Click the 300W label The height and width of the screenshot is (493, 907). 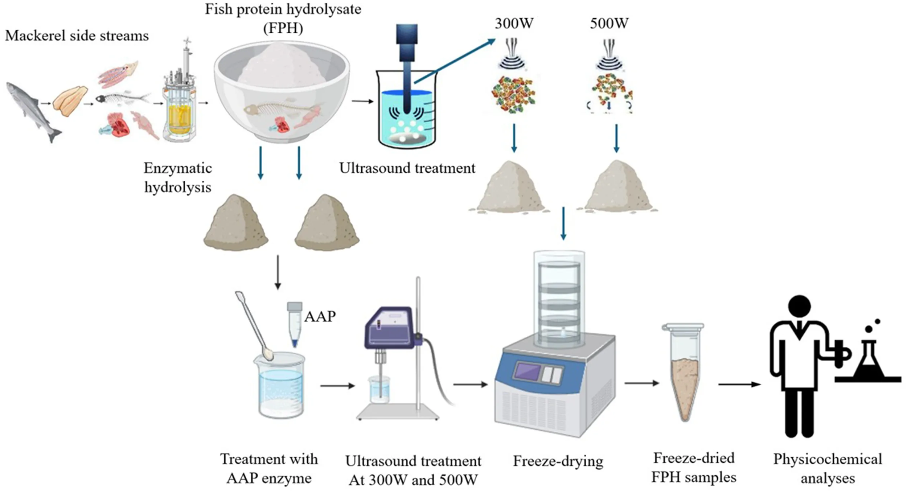pyautogui.click(x=514, y=24)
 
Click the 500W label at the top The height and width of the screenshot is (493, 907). pyautogui.click(x=609, y=24)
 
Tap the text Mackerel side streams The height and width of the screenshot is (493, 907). pyautogui.click(x=77, y=36)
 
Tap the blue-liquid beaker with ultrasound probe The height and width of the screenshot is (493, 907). pyautogui.click(x=406, y=112)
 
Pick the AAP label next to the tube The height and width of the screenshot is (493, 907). pyautogui.click(x=320, y=317)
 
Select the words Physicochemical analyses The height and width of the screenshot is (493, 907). pyautogui.click(x=827, y=469)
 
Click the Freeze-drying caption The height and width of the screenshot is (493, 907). pyautogui.click(x=558, y=461)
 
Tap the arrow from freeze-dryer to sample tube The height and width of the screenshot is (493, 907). pyautogui.click(x=641, y=383)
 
